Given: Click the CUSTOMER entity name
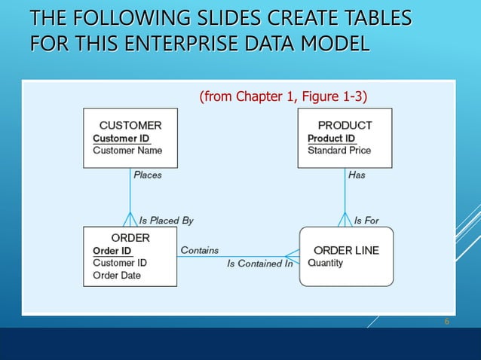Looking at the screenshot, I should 130,125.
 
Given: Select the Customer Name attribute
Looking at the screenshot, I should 127,151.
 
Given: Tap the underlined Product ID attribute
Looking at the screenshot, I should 331,139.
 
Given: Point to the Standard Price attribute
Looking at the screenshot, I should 339,151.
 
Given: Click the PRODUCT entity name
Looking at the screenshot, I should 345,125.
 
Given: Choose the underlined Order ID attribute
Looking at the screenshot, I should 112,251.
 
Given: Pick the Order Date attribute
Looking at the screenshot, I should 117,275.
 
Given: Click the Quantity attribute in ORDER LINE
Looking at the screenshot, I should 325,263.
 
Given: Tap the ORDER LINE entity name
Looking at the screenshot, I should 346,250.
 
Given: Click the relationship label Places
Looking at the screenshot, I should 147,175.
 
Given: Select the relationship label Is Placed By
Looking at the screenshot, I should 166,221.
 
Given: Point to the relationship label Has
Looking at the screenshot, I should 357,175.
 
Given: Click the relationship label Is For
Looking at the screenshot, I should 366,221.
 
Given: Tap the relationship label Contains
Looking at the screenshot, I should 200,250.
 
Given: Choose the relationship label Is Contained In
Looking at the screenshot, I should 259,264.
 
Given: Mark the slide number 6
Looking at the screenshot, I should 447,322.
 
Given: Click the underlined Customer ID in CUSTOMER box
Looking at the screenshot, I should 121,139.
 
